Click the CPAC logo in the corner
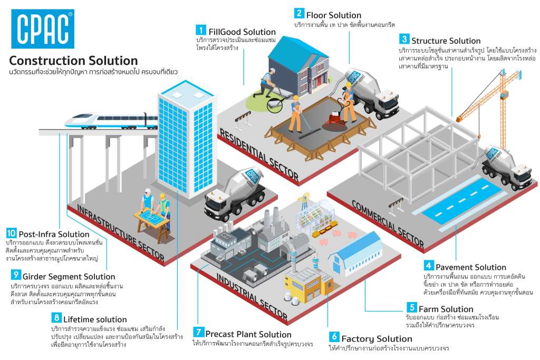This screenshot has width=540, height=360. click(43, 29)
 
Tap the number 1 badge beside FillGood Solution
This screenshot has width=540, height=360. click(201, 30)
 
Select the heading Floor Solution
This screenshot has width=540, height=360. click(334, 15)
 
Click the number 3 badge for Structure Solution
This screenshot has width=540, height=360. click(404, 39)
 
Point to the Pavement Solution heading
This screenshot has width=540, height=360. click(471, 267)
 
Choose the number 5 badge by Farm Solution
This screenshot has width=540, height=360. click(411, 307)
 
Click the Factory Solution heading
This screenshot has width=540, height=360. click(377, 339)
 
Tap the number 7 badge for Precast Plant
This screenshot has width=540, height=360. click(198, 332)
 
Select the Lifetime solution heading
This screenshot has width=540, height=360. click(95, 319)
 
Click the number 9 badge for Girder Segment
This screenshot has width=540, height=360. click(16, 275)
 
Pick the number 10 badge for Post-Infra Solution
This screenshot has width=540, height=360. click(12, 233)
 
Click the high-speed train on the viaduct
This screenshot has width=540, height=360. click(111, 121)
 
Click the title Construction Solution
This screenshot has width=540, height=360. click(73, 61)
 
